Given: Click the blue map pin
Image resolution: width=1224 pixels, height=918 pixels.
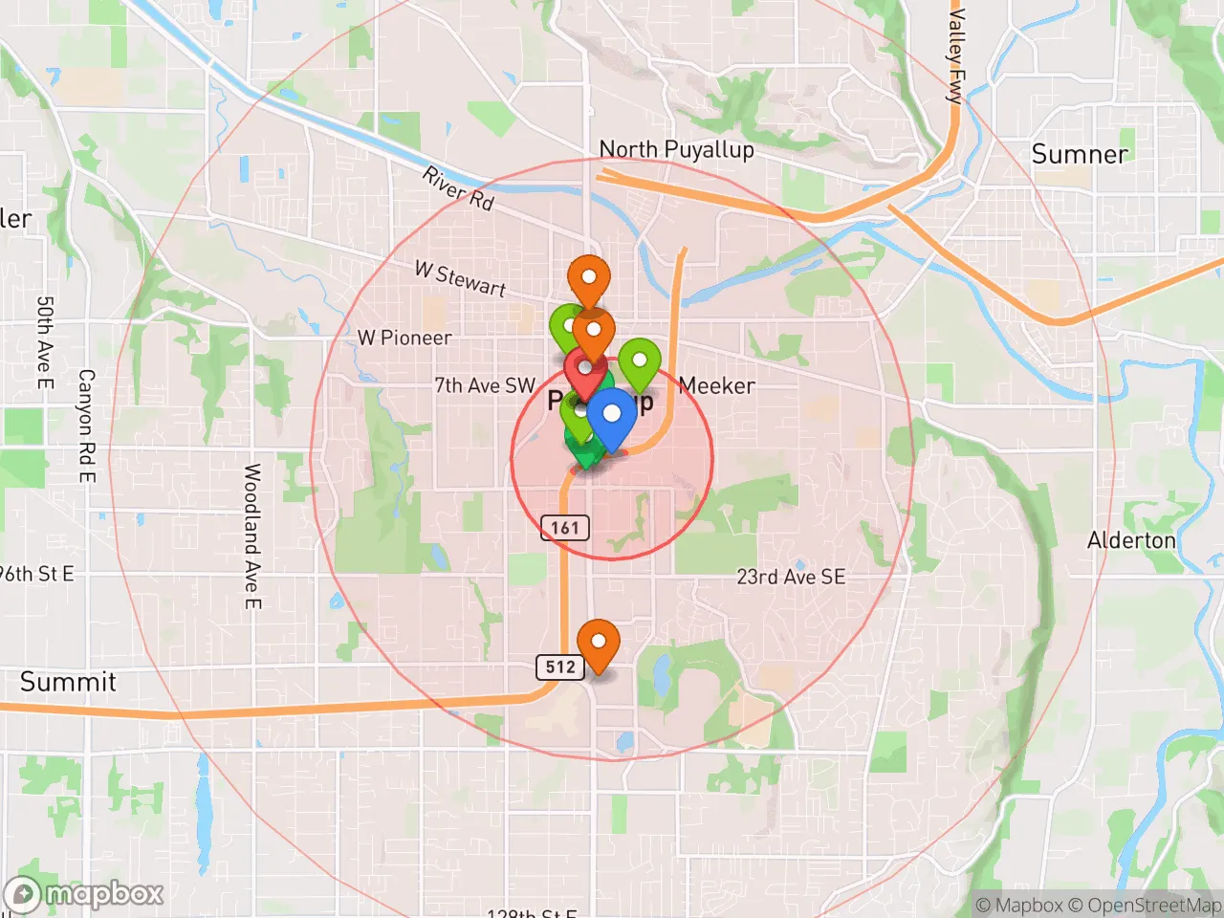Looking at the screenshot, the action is (x=611, y=416).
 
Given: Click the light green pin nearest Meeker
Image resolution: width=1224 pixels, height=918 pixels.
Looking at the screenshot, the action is (x=640, y=362).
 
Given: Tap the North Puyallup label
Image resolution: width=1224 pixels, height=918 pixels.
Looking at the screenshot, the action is (x=676, y=149).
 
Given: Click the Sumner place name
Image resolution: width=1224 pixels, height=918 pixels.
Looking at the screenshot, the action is (x=1080, y=154).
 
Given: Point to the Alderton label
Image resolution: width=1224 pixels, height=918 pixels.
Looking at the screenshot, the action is (x=1131, y=540).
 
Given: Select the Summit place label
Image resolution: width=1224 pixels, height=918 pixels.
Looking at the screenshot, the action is (x=68, y=682).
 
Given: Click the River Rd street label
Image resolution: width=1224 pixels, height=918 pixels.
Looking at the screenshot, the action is (x=459, y=188).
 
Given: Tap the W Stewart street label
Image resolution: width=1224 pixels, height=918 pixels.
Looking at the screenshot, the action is (x=460, y=278).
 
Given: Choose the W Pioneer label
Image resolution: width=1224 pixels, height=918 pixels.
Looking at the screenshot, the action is (x=404, y=338).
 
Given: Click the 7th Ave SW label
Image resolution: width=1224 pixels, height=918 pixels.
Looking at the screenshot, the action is (x=485, y=385).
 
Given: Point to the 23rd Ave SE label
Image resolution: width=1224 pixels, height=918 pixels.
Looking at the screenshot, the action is (x=791, y=577).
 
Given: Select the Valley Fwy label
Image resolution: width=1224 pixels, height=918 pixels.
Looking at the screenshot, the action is (x=954, y=55).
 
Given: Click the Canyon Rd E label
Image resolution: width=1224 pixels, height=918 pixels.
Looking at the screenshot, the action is (x=86, y=426).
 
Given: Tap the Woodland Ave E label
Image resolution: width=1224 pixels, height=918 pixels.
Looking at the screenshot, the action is (x=252, y=535).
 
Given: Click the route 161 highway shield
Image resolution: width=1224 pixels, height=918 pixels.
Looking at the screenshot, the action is (x=564, y=527).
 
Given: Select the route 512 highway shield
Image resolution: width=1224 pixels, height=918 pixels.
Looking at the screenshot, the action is (x=560, y=667).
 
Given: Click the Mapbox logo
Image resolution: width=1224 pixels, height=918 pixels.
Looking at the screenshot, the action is (x=84, y=894).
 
